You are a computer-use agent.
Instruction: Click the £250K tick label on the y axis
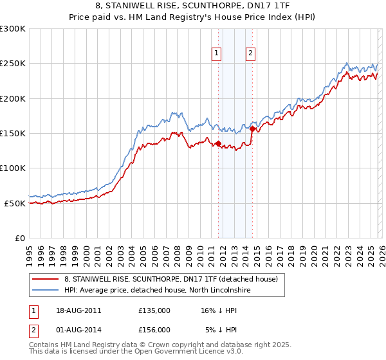(x=13, y=64)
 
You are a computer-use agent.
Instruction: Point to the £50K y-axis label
(x=15, y=203)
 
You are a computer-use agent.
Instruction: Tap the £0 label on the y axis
(x=19, y=238)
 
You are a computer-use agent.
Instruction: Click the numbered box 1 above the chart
(x=217, y=54)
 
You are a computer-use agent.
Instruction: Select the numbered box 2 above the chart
(x=250, y=54)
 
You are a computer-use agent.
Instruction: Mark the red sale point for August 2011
(x=219, y=143)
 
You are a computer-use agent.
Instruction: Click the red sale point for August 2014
(x=252, y=129)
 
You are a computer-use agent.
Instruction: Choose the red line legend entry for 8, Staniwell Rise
(x=170, y=280)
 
